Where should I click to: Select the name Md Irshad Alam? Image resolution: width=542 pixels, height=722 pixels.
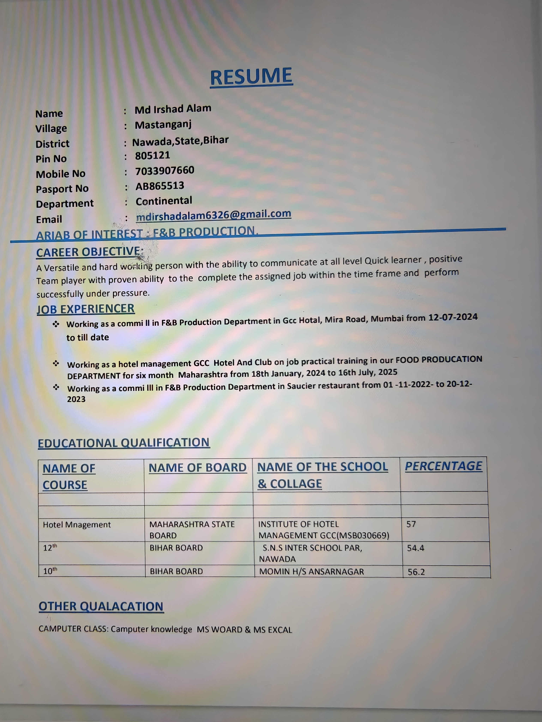pyautogui.click(x=173, y=109)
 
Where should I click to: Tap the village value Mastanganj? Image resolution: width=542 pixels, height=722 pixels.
pyautogui.click(x=163, y=125)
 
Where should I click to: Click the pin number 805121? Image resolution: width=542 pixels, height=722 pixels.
pyautogui.click(x=153, y=155)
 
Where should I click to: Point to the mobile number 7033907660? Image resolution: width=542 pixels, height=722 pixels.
pyautogui.click(x=165, y=171)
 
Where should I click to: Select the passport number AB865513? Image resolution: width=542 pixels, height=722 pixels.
pyautogui.click(x=160, y=186)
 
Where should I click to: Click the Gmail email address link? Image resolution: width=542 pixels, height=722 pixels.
pyautogui.click(x=213, y=215)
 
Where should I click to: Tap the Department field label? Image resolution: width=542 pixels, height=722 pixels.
pyautogui.click(x=65, y=204)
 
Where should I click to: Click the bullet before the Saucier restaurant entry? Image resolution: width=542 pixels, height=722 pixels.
pyautogui.click(x=56, y=387)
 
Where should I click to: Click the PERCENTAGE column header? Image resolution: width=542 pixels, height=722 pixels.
pyautogui.click(x=443, y=466)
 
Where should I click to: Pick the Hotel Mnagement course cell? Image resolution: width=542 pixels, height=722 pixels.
pyautogui.click(x=77, y=525)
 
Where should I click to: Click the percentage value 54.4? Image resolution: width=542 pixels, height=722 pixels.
pyautogui.click(x=415, y=548)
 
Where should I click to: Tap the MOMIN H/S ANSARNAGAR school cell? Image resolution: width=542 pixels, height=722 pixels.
pyautogui.click(x=311, y=571)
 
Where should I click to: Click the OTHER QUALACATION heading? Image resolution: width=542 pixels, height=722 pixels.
pyautogui.click(x=101, y=606)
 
